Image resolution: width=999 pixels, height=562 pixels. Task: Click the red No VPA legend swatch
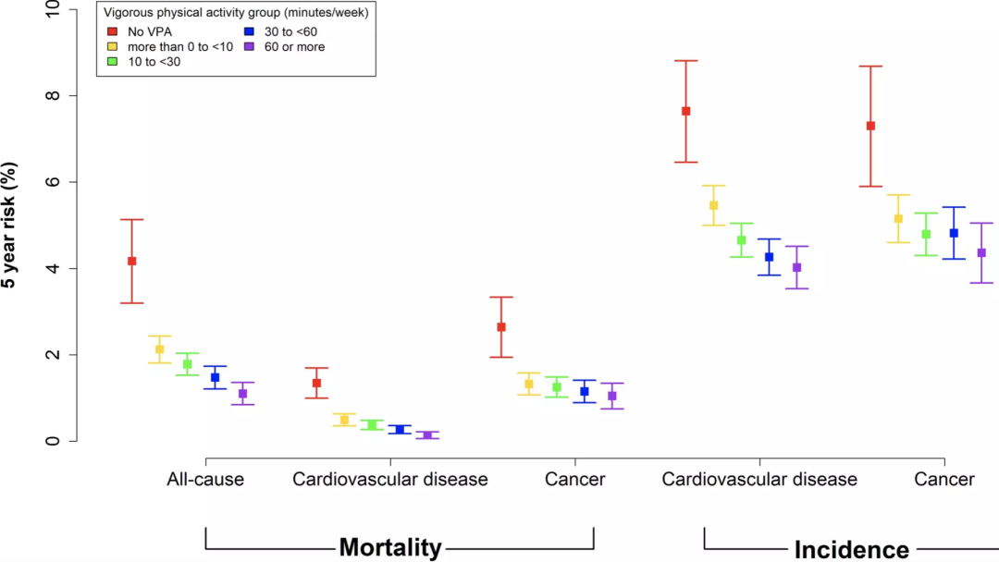[x=112, y=31]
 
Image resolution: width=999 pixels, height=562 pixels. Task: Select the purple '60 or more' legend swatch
[x=249, y=46]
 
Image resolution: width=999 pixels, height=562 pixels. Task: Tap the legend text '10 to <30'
[x=154, y=61]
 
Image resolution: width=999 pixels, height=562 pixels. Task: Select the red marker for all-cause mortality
[x=131, y=262]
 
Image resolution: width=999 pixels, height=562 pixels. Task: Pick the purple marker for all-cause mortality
[x=242, y=394]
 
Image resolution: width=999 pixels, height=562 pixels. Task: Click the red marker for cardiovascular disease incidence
[x=685, y=111]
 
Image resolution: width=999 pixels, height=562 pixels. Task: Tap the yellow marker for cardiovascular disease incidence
[x=713, y=205]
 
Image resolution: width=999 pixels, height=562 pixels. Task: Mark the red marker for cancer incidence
[x=870, y=126]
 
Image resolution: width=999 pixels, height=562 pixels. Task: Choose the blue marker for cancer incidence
[x=954, y=233]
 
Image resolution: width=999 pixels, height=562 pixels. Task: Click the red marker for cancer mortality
[x=501, y=327]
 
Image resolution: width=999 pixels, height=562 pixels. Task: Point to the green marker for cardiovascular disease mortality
[x=372, y=425]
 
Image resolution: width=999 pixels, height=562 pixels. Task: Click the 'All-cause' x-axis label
[x=205, y=479]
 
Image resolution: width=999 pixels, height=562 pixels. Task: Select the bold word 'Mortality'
[x=389, y=547]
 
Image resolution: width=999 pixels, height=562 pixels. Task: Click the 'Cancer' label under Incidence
[x=944, y=479]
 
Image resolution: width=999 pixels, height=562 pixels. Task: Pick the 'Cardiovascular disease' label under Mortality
[x=389, y=479]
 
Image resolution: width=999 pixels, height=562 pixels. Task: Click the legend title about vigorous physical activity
[x=235, y=14]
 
